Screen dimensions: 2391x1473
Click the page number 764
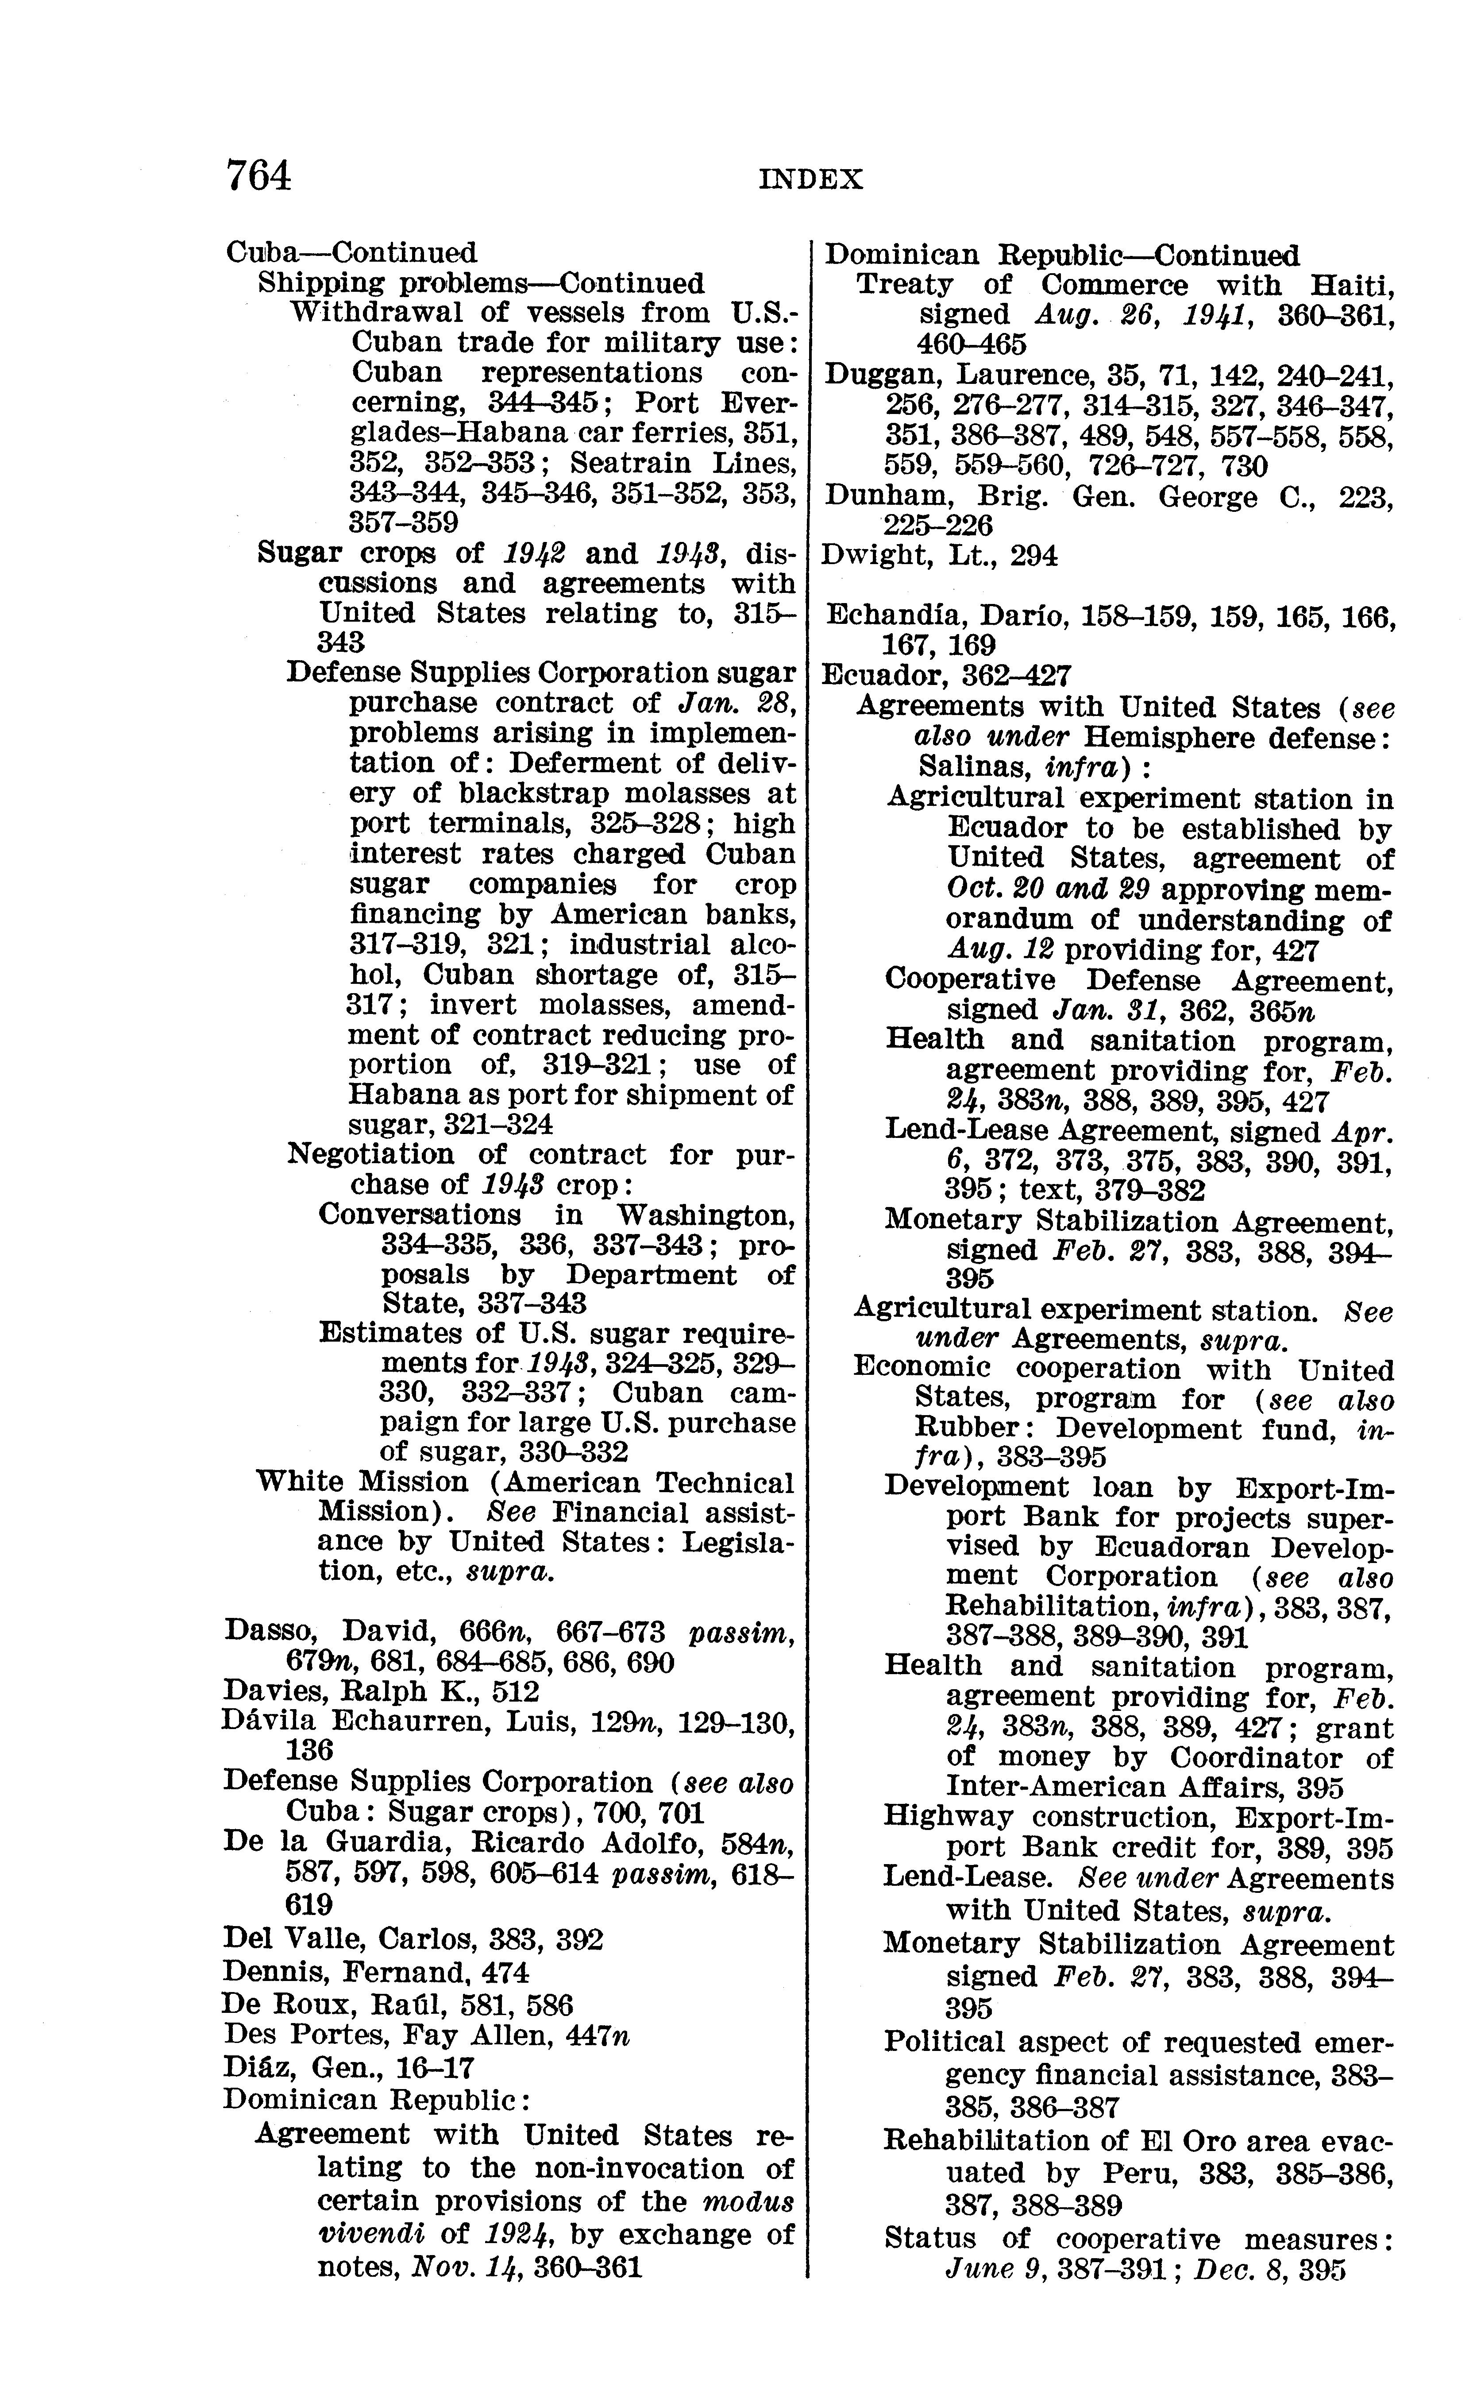(258, 176)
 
